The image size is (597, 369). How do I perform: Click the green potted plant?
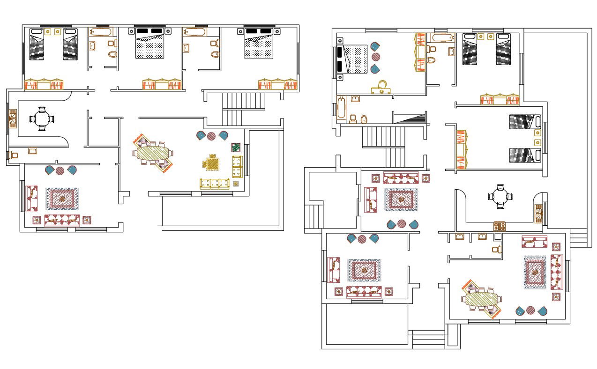[x=236, y=148]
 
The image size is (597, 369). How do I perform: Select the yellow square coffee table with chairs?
[x=212, y=163]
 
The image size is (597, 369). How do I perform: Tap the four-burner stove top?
[x=500, y=226]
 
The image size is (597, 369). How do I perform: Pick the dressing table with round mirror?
[x=381, y=88]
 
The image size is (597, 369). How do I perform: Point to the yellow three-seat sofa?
[x=216, y=183]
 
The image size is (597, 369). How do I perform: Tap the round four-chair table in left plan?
[x=42, y=119]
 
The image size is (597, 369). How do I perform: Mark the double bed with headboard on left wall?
[x=353, y=59]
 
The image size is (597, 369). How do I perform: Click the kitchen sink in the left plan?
[x=13, y=119]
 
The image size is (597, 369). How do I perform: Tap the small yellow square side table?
[x=236, y=184]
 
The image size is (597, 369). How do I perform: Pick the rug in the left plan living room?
[x=62, y=199]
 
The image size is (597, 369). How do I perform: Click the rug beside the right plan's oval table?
[x=535, y=272]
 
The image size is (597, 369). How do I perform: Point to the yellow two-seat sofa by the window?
[x=237, y=167]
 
